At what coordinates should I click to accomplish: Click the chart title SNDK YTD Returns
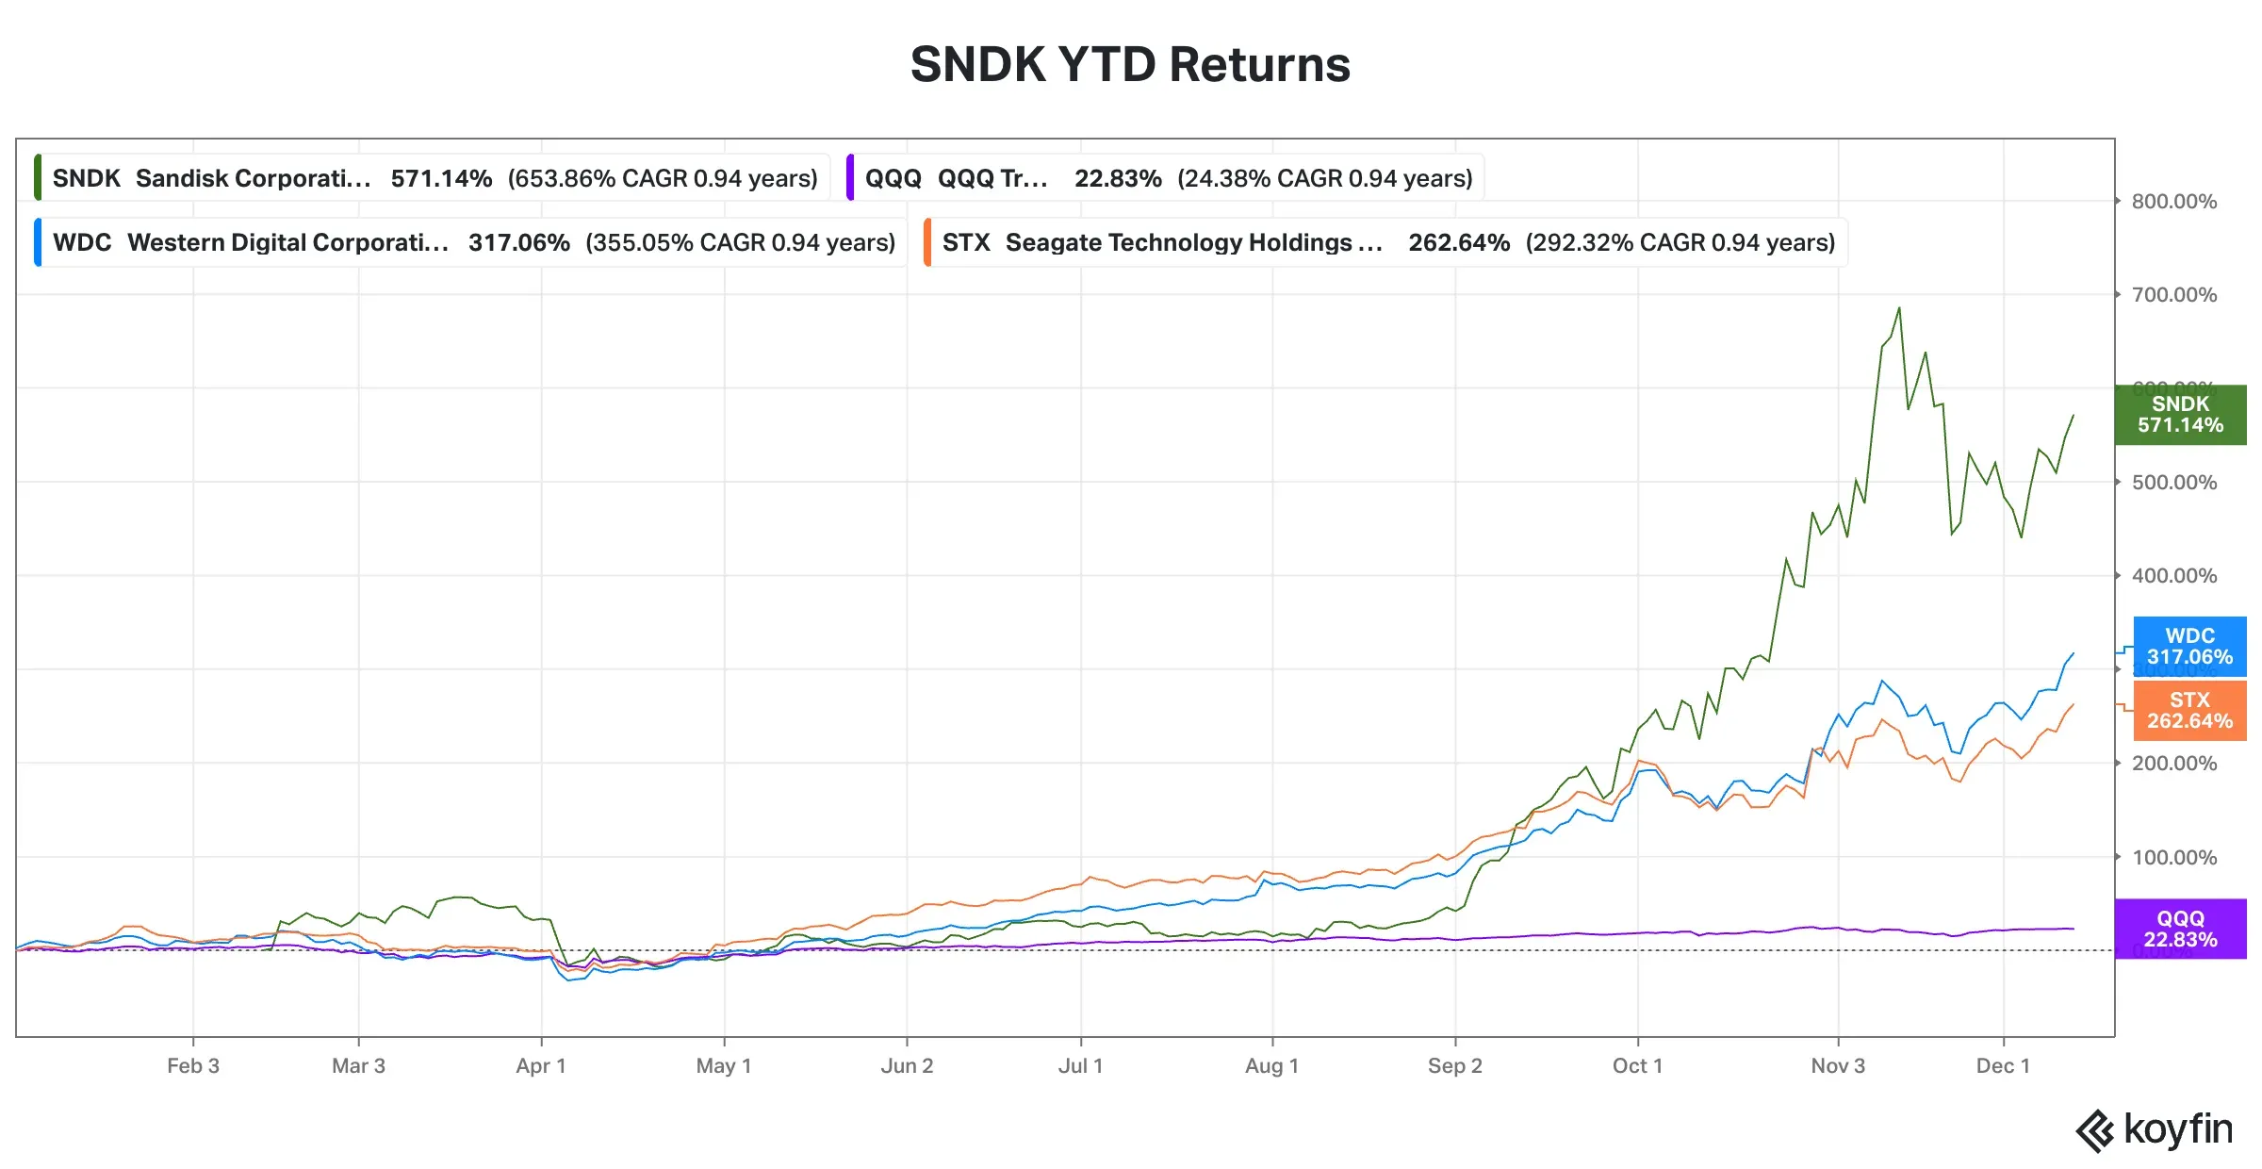tap(1129, 65)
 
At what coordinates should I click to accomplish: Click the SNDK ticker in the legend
tap(86, 178)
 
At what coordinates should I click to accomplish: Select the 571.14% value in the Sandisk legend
tap(441, 178)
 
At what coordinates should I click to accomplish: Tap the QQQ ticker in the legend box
tap(893, 178)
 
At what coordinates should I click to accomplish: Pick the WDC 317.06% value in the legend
tap(518, 242)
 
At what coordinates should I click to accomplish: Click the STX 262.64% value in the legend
tap(1458, 242)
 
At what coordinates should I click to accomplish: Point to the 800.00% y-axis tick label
tap(2173, 201)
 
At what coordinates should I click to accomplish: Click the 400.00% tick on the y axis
tap(2173, 575)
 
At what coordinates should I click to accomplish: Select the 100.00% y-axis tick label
tap(2173, 857)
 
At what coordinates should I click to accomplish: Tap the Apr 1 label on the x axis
tap(541, 1065)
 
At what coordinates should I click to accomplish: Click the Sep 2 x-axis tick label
tap(1454, 1065)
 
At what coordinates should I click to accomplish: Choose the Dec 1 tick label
tap(2003, 1065)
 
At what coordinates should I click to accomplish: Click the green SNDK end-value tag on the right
tap(2180, 415)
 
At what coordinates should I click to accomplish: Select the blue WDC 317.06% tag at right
tap(2189, 647)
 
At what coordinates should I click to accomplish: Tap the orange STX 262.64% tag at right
tap(2189, 710)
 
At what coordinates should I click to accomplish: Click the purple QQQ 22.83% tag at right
tap(2180, 929)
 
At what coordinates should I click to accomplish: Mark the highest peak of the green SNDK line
tap(1899, 307)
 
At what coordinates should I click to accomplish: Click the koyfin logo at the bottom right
tap(2155, 1129)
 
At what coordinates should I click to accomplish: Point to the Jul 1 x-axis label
tap(1080, 1065)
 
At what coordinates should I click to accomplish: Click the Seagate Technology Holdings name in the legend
tap(1192, 242)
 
